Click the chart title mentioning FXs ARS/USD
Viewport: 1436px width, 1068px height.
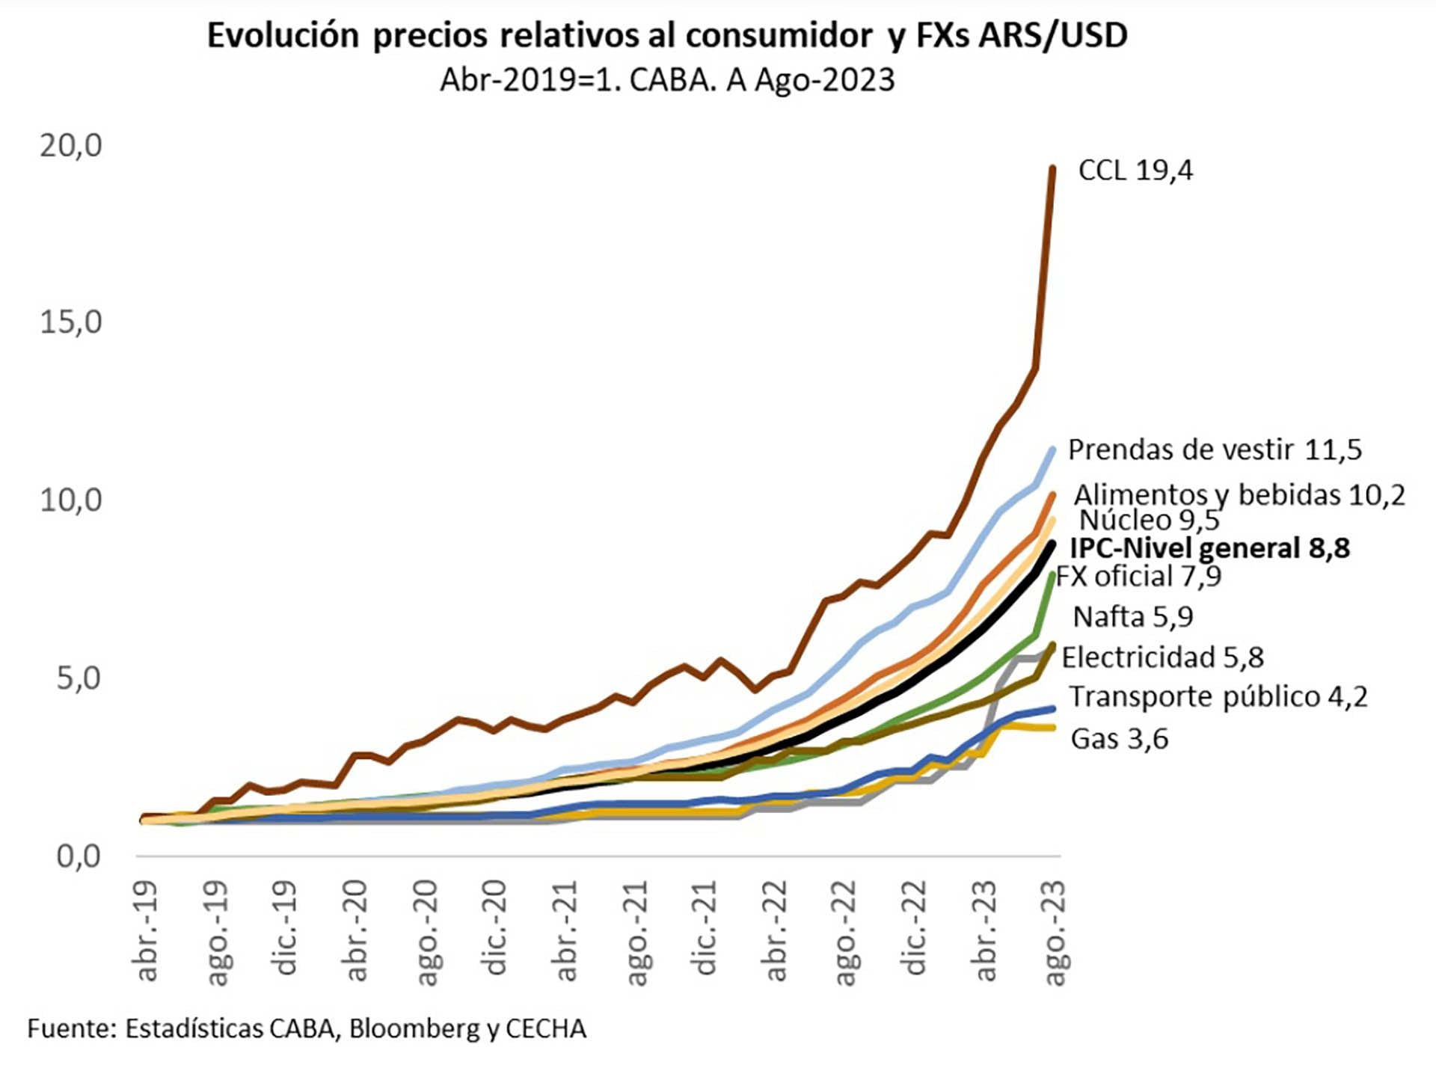pyautogui.click(x=667, y=35)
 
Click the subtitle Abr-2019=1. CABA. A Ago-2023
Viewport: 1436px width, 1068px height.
pyautogui.click(x=667, y=80)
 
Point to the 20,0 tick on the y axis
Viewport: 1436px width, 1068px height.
pyautogui.click(x=71, y=145)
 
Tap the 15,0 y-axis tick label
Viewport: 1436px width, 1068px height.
pyautogui.click(x=71, y=322)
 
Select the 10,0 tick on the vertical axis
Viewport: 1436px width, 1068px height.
pyautogui.click(x=71, y=500)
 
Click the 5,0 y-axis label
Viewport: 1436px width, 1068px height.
pyautogui.click(x=79, y=678)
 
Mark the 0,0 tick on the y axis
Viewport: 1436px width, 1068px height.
pyautogui.click(x=79, y=856)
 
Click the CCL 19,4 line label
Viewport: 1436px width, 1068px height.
pyautogui.click(x=1135, y=171)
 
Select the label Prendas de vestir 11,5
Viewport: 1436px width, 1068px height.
pyautogui.click(x=1215, y=449)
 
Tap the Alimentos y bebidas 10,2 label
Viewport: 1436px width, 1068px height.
pyautogui.click(x=1239, y=494)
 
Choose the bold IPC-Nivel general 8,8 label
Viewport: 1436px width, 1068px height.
pyautogui.click(x=1209, y=548)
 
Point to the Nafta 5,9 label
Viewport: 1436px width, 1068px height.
pyautogui.click(x=1133, y=617)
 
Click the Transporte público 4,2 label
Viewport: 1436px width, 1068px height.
pyautogui.click(x=1218, y=696)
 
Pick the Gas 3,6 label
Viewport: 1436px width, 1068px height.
pyautogui.click(x=1119, y=739)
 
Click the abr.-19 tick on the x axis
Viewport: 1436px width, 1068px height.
pyautogui.click(x=147, y=930)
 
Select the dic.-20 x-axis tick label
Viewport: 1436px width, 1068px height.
pyautogui.click(x=497, y=927)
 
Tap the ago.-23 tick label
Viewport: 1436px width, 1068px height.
pyautogui.click(x=1055, y=932)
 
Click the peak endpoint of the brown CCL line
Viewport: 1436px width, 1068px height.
pyautogui.click(x=1052, y=168)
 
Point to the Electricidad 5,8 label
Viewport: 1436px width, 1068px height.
pyautogui.click(x=1162, y=657)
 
